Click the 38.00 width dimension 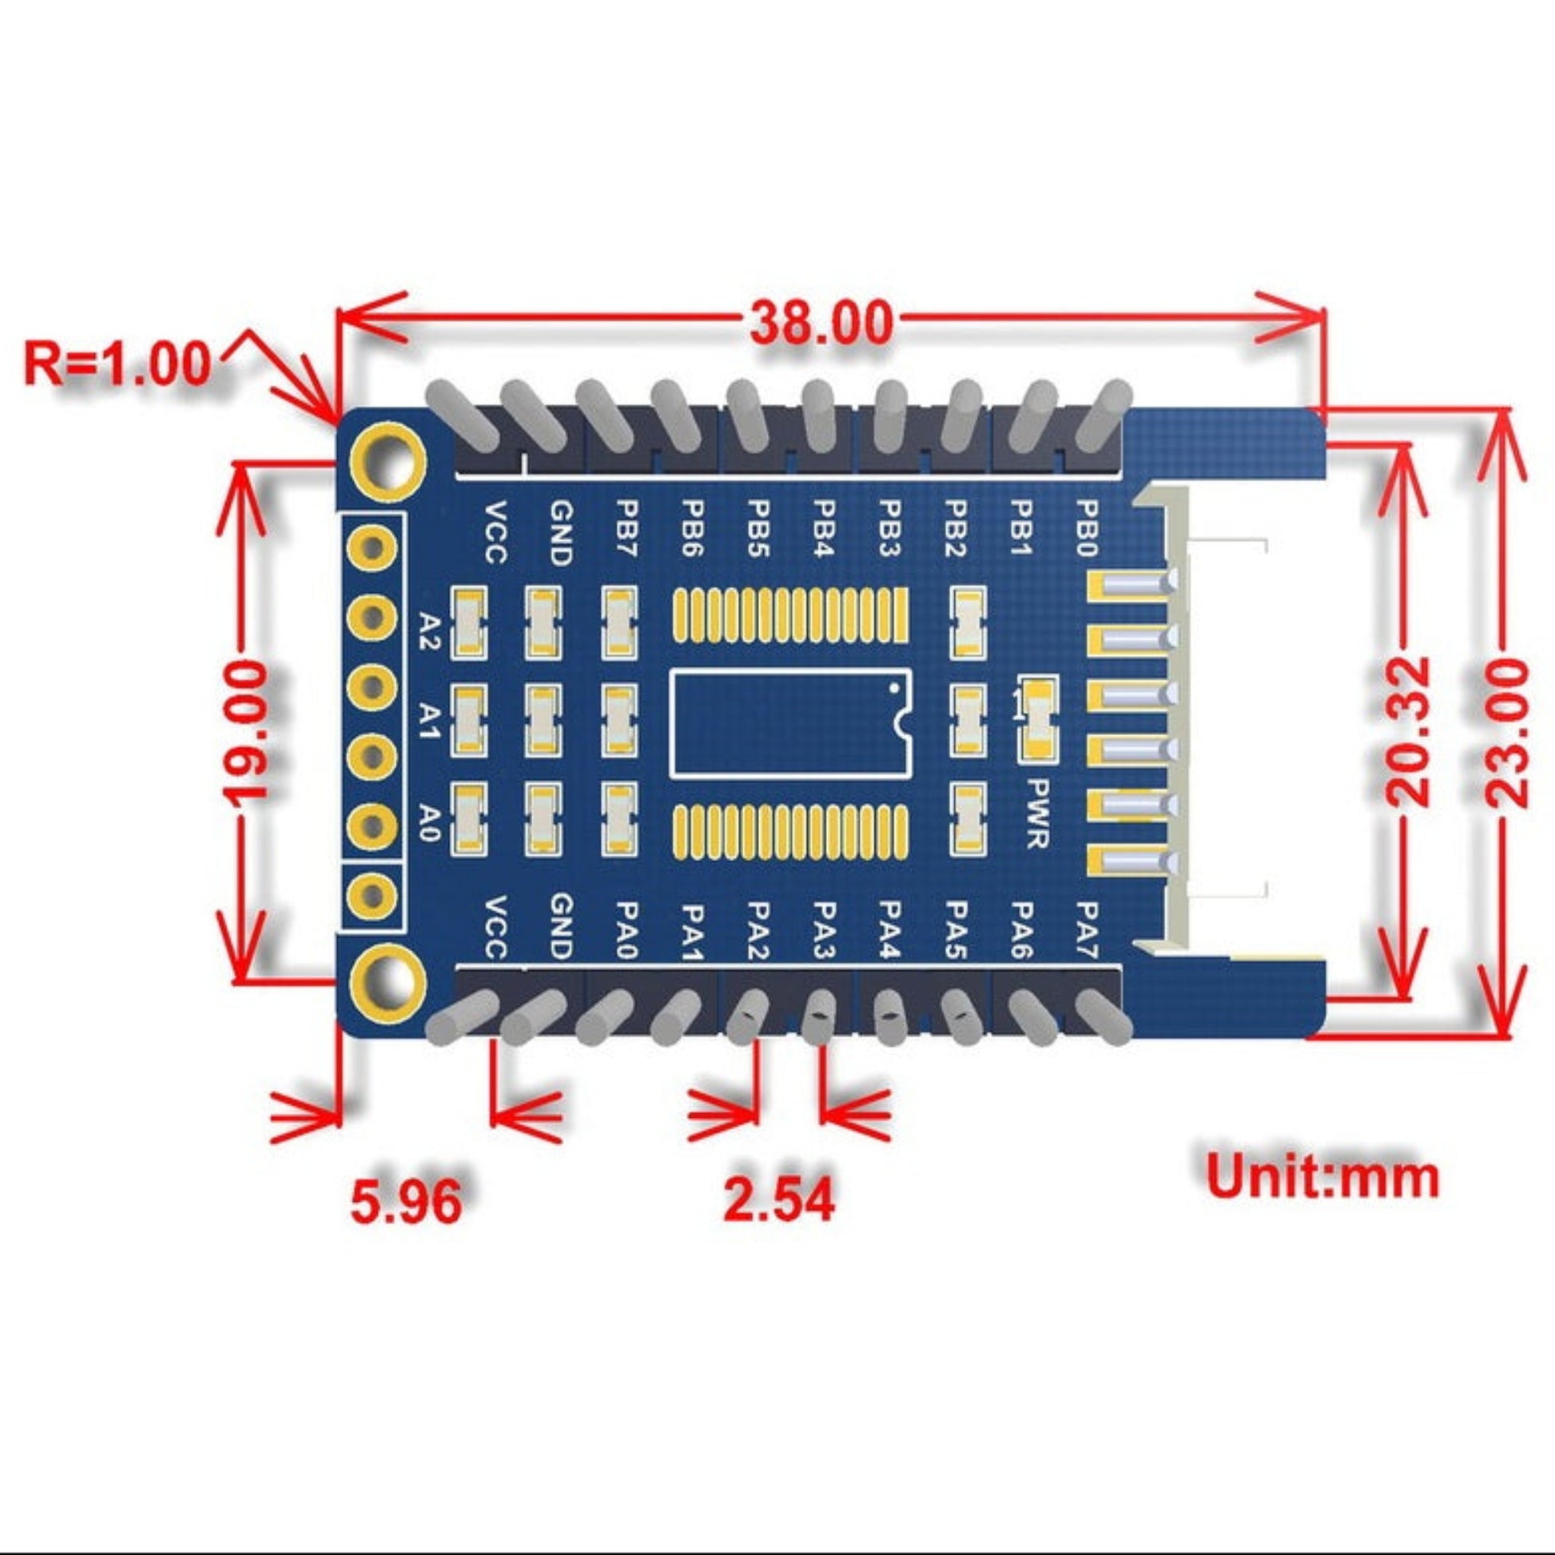click(821, 322)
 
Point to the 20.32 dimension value click(1408, 731)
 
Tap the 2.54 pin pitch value click(779, 1199)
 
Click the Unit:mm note click(1323, 1177)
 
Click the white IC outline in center click(790, 723)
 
